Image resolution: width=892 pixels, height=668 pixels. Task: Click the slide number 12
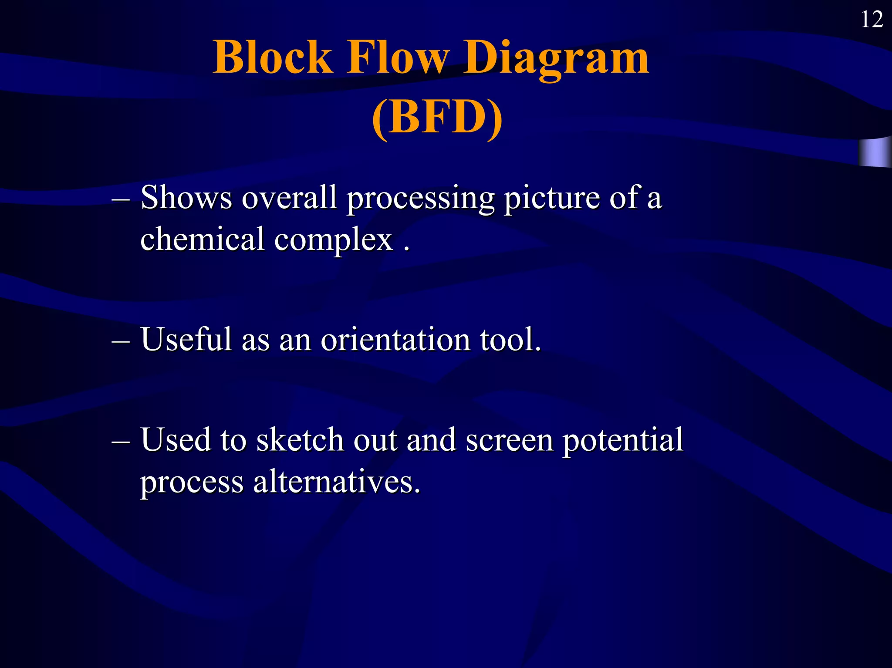(872, 20)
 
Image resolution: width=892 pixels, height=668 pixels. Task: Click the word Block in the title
(273, 58)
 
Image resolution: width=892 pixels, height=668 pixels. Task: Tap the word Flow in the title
(397, 58)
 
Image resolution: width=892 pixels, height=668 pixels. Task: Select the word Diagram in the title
(556, 58)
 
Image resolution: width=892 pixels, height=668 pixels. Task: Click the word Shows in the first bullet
(186, 198)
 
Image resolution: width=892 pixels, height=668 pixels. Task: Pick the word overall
(289, 198)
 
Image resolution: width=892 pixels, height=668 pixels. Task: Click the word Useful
(186, 340)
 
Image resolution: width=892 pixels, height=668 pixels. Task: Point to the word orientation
(395, 340)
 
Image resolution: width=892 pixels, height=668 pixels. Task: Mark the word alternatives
(337, 482)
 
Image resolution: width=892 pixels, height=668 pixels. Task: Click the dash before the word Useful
(121, 341)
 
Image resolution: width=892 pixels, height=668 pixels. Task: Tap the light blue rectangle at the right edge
(875, 152)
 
